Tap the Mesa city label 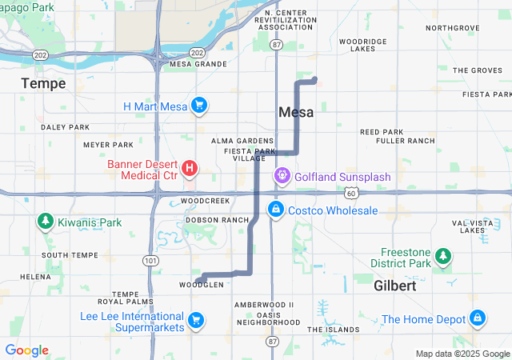[296, 113]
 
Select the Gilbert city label [394, 286]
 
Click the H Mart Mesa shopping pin [199, 106]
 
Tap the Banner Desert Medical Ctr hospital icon [190, 168]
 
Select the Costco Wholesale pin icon [275, 210]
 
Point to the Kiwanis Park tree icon [46, 222]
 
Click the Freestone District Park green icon [442, 257]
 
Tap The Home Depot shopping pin [478, 318]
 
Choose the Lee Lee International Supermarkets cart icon [195, 322]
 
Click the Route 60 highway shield [351, 194]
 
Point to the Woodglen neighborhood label [196, 285]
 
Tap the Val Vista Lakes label [468, 226]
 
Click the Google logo [26, 350]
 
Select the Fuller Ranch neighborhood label [404, 141]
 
